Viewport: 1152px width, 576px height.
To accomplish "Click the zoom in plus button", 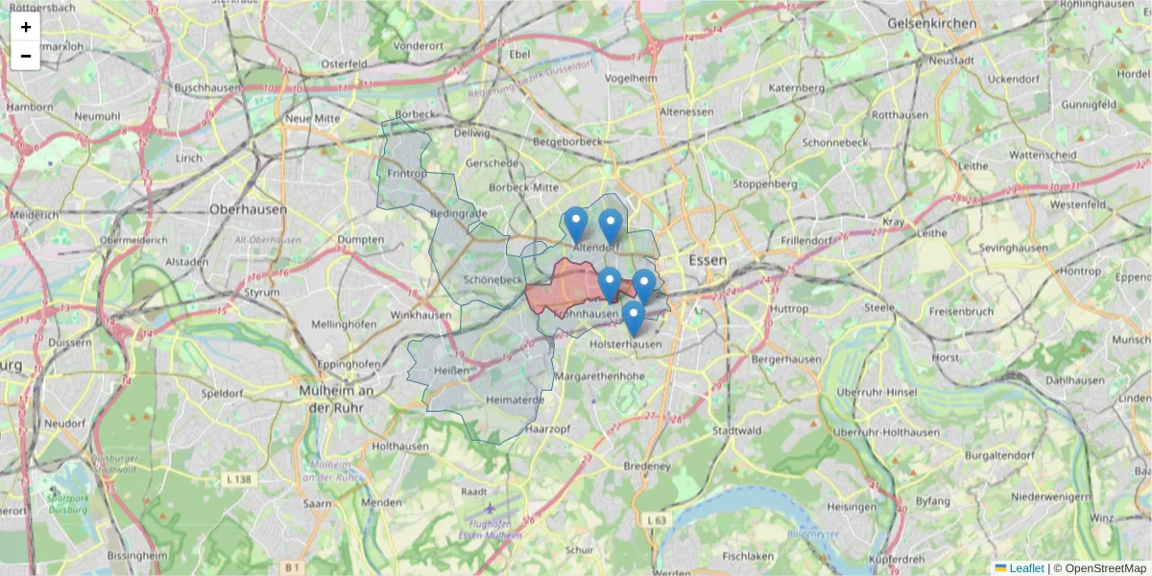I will [x=26, y=27].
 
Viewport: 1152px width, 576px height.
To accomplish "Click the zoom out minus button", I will [x=26, y=56].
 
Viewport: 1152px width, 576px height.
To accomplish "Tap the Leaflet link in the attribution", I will [x=1026, y=568].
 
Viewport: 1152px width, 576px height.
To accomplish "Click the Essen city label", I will [x=708, y=260].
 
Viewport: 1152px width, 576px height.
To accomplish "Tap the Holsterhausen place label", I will [x=627, y=344].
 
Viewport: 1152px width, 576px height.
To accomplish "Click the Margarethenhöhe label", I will [x=600, y=376].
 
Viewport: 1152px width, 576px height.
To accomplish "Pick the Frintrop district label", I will [x=407, y=173].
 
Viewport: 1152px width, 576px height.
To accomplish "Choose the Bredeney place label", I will [x=646, y=467].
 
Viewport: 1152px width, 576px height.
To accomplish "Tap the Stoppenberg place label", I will [x=764, y=183].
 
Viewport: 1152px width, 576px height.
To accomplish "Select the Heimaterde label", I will [x=516, y=399].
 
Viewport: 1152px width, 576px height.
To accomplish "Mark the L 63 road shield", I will [x=657, y=520].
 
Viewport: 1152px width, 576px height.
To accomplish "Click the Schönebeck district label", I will [x=492, y=279].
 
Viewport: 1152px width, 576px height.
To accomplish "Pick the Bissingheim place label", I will [x=137, y=555].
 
